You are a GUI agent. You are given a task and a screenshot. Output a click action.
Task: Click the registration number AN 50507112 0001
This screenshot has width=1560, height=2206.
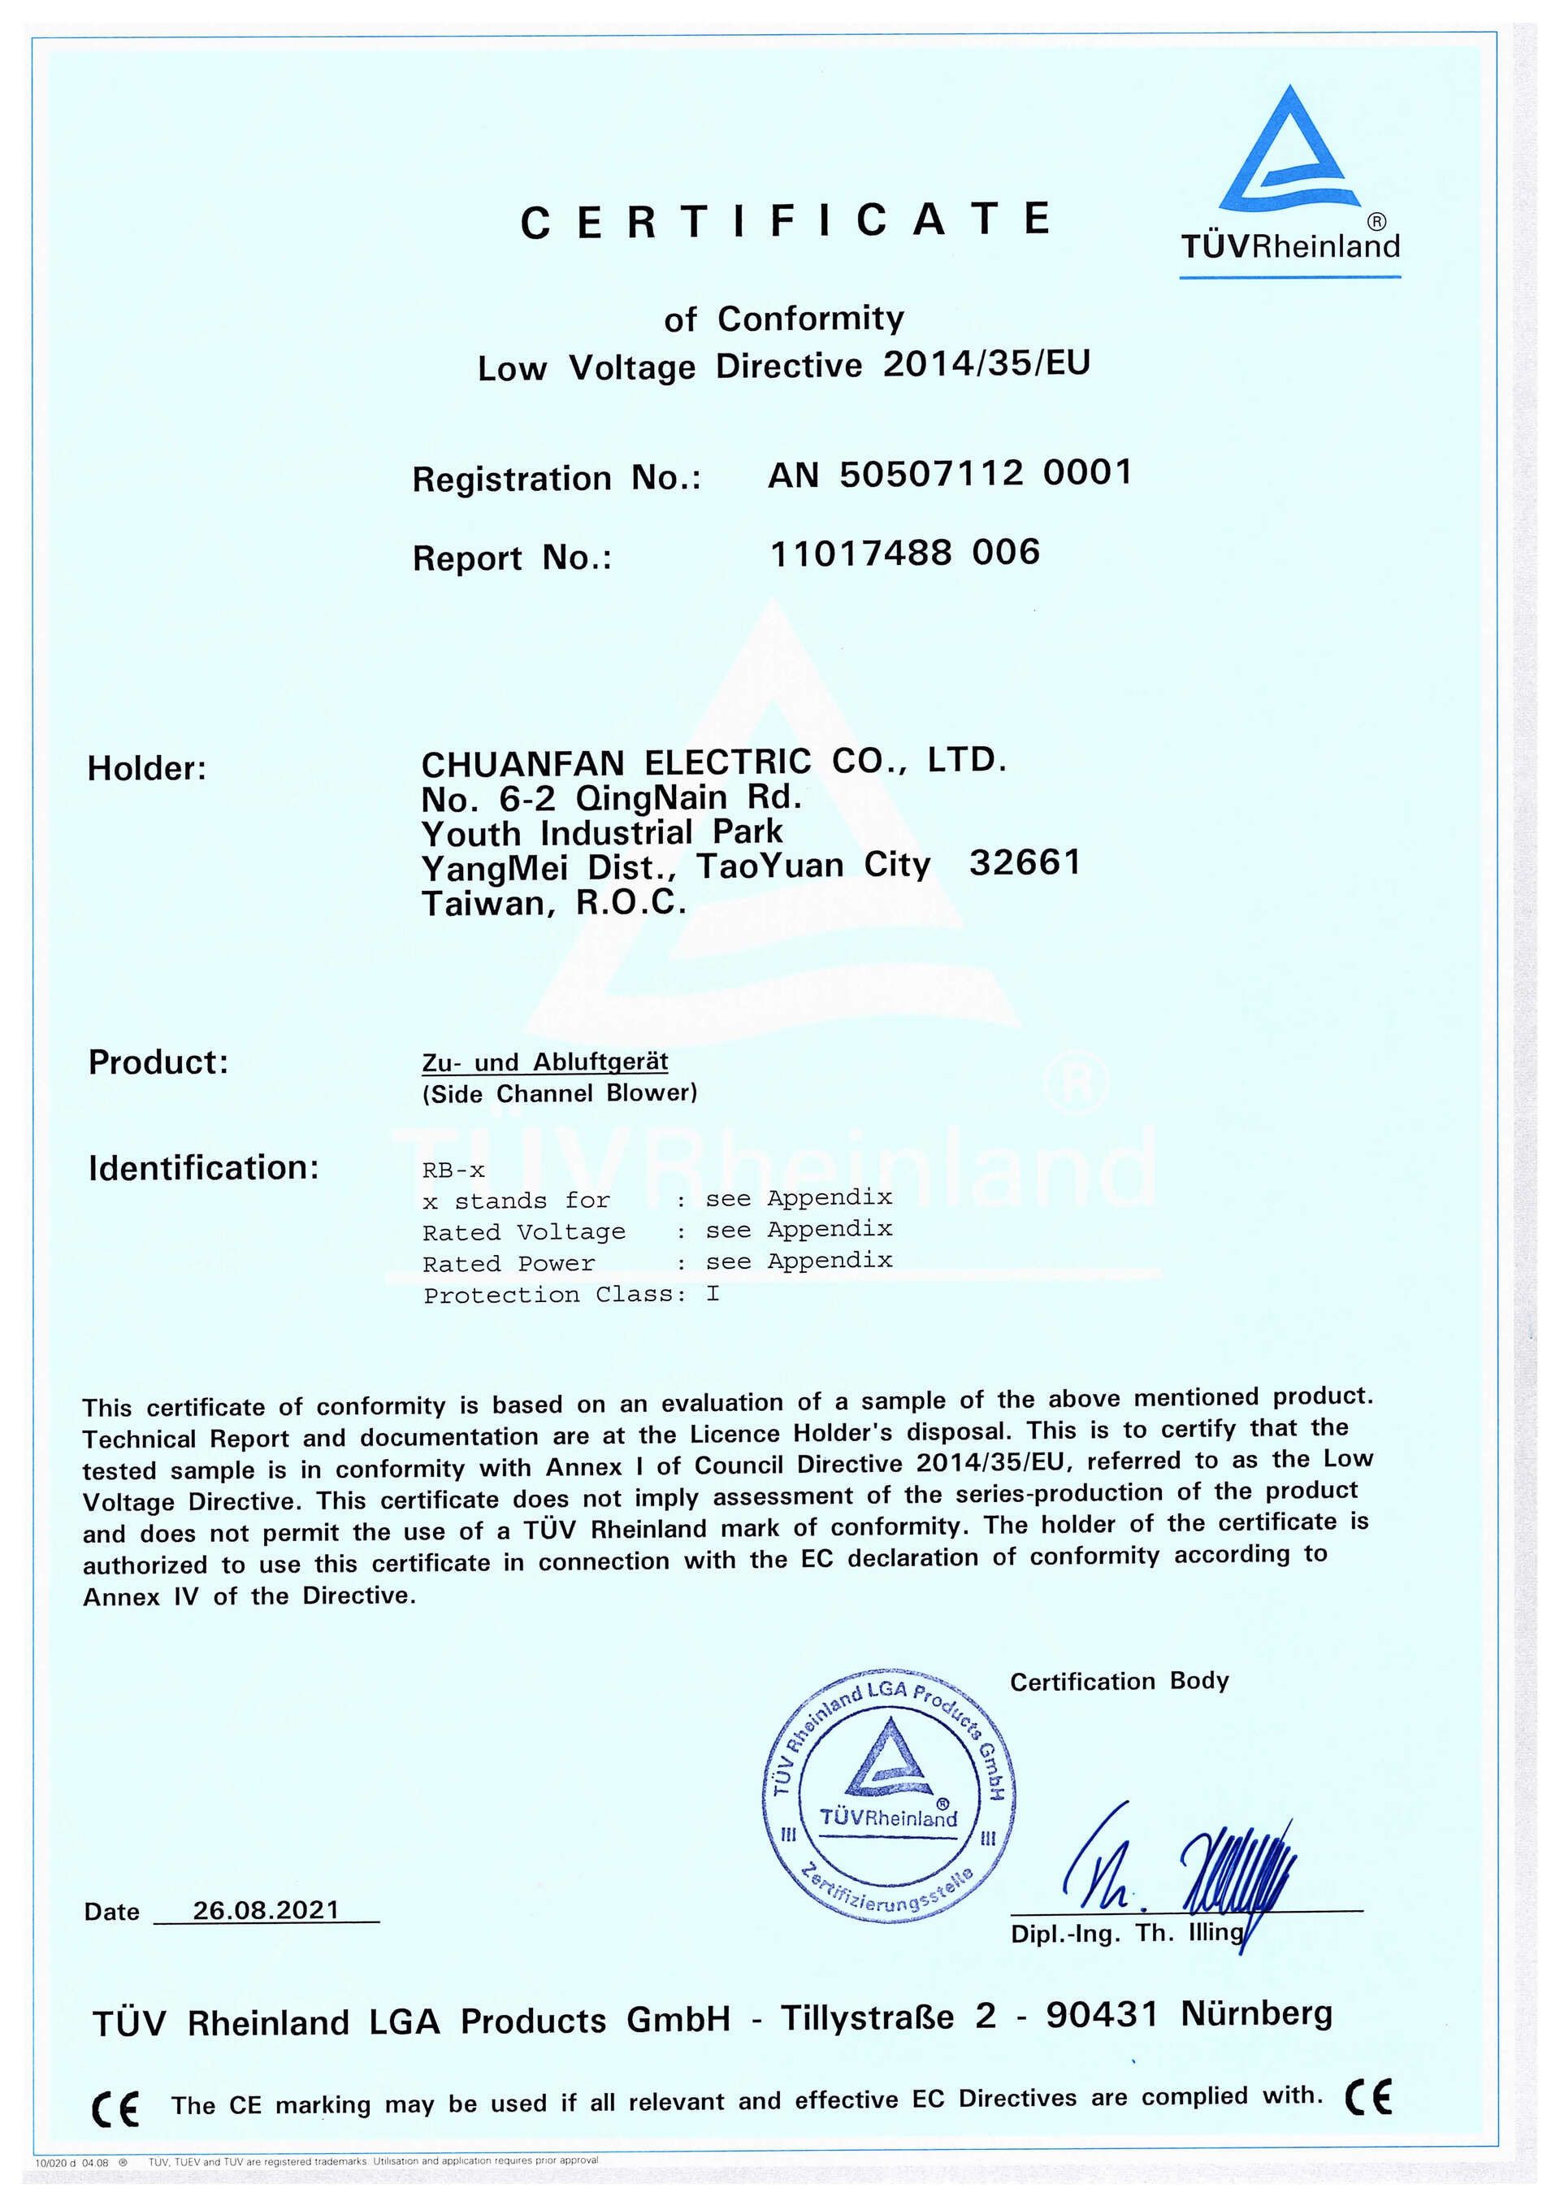tap(949, 474)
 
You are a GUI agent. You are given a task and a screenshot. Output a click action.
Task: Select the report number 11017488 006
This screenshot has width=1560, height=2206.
tap(905, 554)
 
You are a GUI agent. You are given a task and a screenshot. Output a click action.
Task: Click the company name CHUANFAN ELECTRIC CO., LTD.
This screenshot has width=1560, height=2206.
tap(713, 762)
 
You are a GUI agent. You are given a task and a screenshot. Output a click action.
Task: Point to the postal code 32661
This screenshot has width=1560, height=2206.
tap(1025, 862)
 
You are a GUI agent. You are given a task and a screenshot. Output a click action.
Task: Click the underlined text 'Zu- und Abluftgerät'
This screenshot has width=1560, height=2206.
tap(544, 1062)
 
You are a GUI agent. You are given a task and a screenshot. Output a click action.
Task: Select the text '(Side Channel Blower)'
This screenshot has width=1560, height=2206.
tap(559, 1093)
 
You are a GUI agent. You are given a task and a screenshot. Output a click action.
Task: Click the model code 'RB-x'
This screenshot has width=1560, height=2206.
tap(453, 1170)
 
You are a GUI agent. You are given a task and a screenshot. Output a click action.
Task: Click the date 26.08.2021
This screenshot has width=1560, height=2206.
tap(266, 1910)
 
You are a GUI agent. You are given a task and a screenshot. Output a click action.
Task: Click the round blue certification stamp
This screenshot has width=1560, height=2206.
tap(889, 1795)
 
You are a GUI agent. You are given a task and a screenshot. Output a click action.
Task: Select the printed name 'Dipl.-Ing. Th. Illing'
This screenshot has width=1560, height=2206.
tap(1126, 1933)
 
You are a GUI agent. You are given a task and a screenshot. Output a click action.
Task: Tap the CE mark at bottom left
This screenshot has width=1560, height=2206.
tap(115, 2108)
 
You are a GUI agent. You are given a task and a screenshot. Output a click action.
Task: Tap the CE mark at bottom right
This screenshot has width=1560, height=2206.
tap(1368, 2096)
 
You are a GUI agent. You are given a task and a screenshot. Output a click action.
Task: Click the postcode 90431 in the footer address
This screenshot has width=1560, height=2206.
tap(1102, 2015)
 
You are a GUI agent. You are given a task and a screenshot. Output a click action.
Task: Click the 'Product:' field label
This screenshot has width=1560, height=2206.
tap(158, 1062)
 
